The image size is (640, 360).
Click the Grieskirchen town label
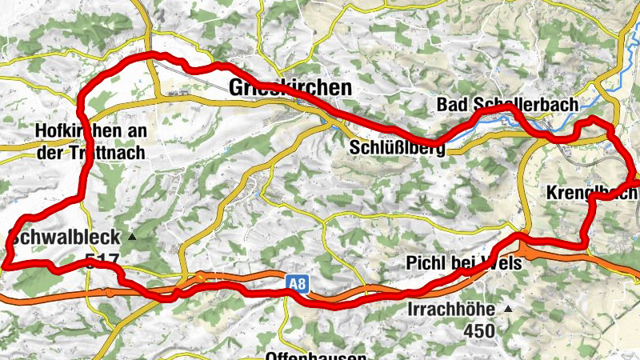(x=290, y=88)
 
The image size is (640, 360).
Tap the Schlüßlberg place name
(x=397, y=147)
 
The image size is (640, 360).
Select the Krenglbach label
(x=592, y=194)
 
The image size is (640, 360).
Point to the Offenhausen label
(x=316, y=354)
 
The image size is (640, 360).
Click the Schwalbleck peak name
(x=64, y=237)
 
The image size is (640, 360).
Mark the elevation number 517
(x=102, y=260)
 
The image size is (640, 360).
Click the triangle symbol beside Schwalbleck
(x=133, y=238)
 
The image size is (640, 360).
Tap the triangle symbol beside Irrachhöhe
(x=507, y=309)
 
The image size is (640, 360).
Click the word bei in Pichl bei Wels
(x=464, y=263)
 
